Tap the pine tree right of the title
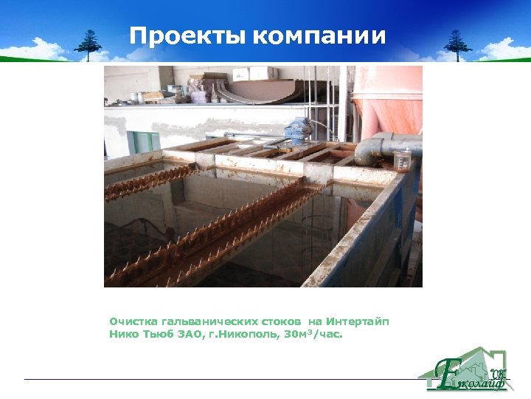pos(457,44)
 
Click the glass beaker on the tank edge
pos(402,160)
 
